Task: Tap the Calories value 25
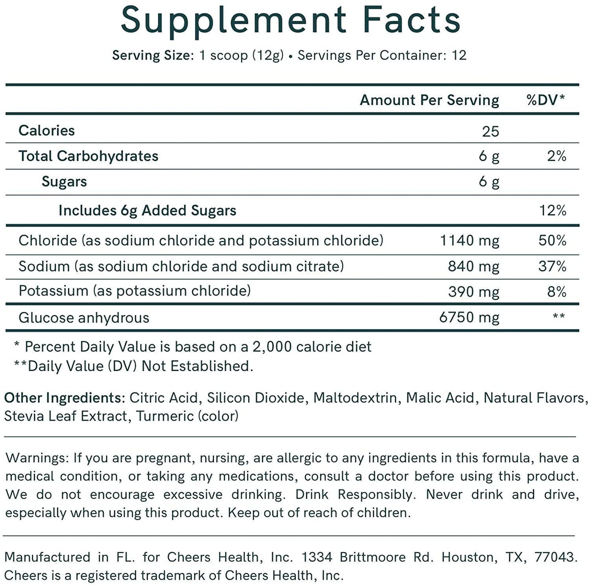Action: pos(490,131)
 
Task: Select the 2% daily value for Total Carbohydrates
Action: pos(557,156)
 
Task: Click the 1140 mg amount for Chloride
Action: pos(469,240)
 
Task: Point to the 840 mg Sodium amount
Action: pos(473,267)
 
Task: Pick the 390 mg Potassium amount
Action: pos(473,292)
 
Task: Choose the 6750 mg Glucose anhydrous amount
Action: pos(469,317)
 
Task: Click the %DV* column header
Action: pos(546,100)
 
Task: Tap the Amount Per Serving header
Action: pos(429,100)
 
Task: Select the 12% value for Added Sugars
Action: pos(552,210)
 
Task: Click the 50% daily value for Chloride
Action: pos(552,240)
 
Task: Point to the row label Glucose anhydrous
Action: pos(84,318)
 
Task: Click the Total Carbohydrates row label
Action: pos(88,156)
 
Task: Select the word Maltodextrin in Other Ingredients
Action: pos(355,397)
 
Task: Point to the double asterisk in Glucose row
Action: pos(558,317)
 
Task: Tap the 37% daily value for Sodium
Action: pos(552,267)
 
